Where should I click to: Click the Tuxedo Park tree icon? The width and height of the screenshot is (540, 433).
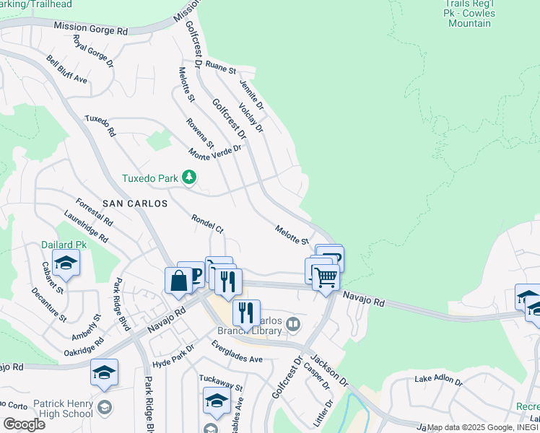tap(188, 177)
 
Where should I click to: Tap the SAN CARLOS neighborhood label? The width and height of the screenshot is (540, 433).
tap(135, 204)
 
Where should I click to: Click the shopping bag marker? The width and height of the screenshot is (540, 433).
tap(178, 280)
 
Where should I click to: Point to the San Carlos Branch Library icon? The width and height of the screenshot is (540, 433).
tap(292, 324)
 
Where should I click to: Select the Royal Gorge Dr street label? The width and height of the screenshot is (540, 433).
tap(94, 53)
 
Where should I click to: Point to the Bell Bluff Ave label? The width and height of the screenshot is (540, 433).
tap(67, 69)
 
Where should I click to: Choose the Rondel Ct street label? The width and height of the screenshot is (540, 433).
tap(207, 223)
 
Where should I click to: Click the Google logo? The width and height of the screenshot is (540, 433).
tap(24, 424)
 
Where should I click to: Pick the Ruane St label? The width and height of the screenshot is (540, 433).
tap(221, 68)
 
